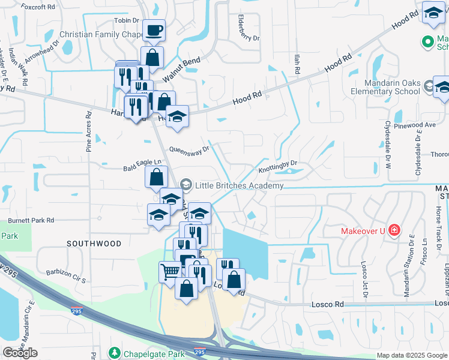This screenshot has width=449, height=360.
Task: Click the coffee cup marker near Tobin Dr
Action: pos(154,30)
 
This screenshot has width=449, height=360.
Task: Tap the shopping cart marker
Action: pos(170,271)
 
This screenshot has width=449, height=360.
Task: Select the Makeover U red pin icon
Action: pos(394,230)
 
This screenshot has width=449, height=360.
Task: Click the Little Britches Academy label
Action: pos(239,186)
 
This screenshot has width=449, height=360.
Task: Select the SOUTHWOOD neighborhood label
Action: pos(94,244)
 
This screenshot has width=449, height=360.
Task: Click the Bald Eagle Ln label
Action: pos(143,162)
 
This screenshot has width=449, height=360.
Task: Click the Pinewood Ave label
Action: pos(419,125)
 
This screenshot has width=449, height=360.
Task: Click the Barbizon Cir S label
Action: pos(67,272)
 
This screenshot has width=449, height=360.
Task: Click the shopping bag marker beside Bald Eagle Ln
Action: pos(155,178)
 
